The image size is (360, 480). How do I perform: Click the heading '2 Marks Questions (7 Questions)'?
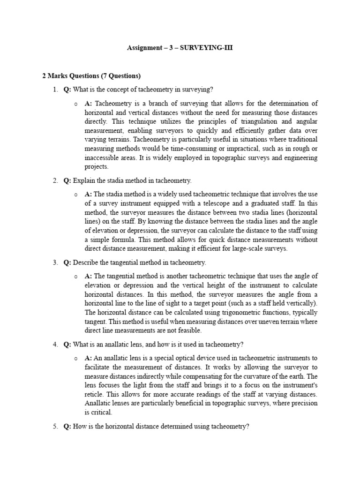(x=91, y=75)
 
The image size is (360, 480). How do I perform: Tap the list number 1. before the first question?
(x=55, y=90)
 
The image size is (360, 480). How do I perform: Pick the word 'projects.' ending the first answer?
(x=97, y=166)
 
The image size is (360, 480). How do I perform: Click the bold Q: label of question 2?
(x=67, y=180)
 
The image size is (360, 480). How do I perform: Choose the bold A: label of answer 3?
(x=89, y=276)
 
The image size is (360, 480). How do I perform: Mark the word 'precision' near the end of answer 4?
(x=304, y=404)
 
